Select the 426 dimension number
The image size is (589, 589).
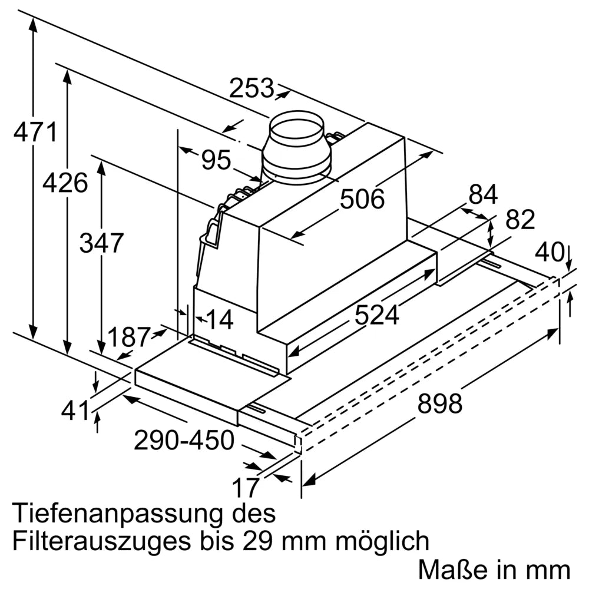[65, 183]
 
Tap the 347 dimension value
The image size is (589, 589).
[101, 243]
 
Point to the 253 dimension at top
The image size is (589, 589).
[252, 88]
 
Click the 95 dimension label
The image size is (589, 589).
[216, 160]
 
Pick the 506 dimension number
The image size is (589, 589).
[362, 200]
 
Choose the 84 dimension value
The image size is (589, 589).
[483, 195]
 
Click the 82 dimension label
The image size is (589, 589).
[520, 220]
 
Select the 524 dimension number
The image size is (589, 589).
[376, 316]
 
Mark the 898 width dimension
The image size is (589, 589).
[439, 404]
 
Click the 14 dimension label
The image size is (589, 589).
[220, 320]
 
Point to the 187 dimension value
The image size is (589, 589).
[128, 337]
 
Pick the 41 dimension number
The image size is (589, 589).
[77, 411]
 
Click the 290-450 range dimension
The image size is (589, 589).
[184, 440]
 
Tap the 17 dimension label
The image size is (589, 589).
[245, 488]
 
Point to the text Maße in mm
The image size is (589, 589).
[494, 569]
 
